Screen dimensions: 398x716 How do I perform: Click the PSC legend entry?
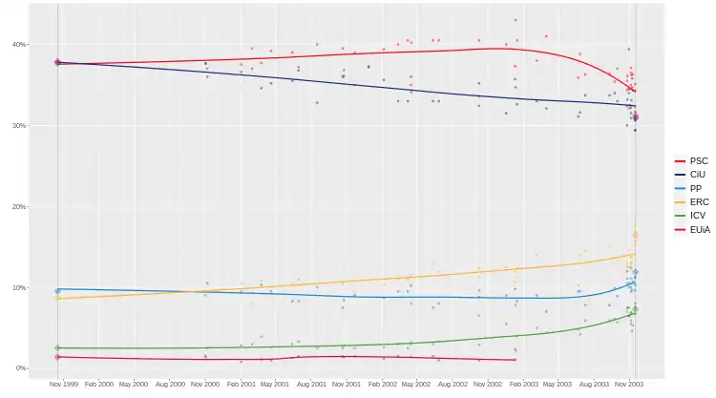point(698,161)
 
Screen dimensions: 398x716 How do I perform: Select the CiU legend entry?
point(698,175)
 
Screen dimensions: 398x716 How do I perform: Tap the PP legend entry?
point(696,189)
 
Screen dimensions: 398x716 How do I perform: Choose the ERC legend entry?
point(698,202)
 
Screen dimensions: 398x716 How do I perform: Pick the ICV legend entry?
point(697,216)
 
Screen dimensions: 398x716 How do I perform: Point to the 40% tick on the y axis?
point(19,45)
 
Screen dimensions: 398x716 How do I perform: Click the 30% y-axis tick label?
point(19,126)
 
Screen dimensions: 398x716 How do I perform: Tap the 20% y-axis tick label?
point(19,207)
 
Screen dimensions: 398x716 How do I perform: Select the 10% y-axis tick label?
point(19,288)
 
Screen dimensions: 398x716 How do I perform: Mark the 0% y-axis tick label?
point(21,368)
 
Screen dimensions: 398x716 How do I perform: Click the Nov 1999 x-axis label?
point(64,384)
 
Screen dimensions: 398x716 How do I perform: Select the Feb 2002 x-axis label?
point(383,384)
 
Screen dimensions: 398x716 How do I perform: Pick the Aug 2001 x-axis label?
point(311,384)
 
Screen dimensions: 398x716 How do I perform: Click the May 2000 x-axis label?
point(134,384)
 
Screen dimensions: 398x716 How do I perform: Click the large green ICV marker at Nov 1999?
point(57,348)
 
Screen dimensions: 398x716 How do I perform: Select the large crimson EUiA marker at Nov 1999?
point(57,357)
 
